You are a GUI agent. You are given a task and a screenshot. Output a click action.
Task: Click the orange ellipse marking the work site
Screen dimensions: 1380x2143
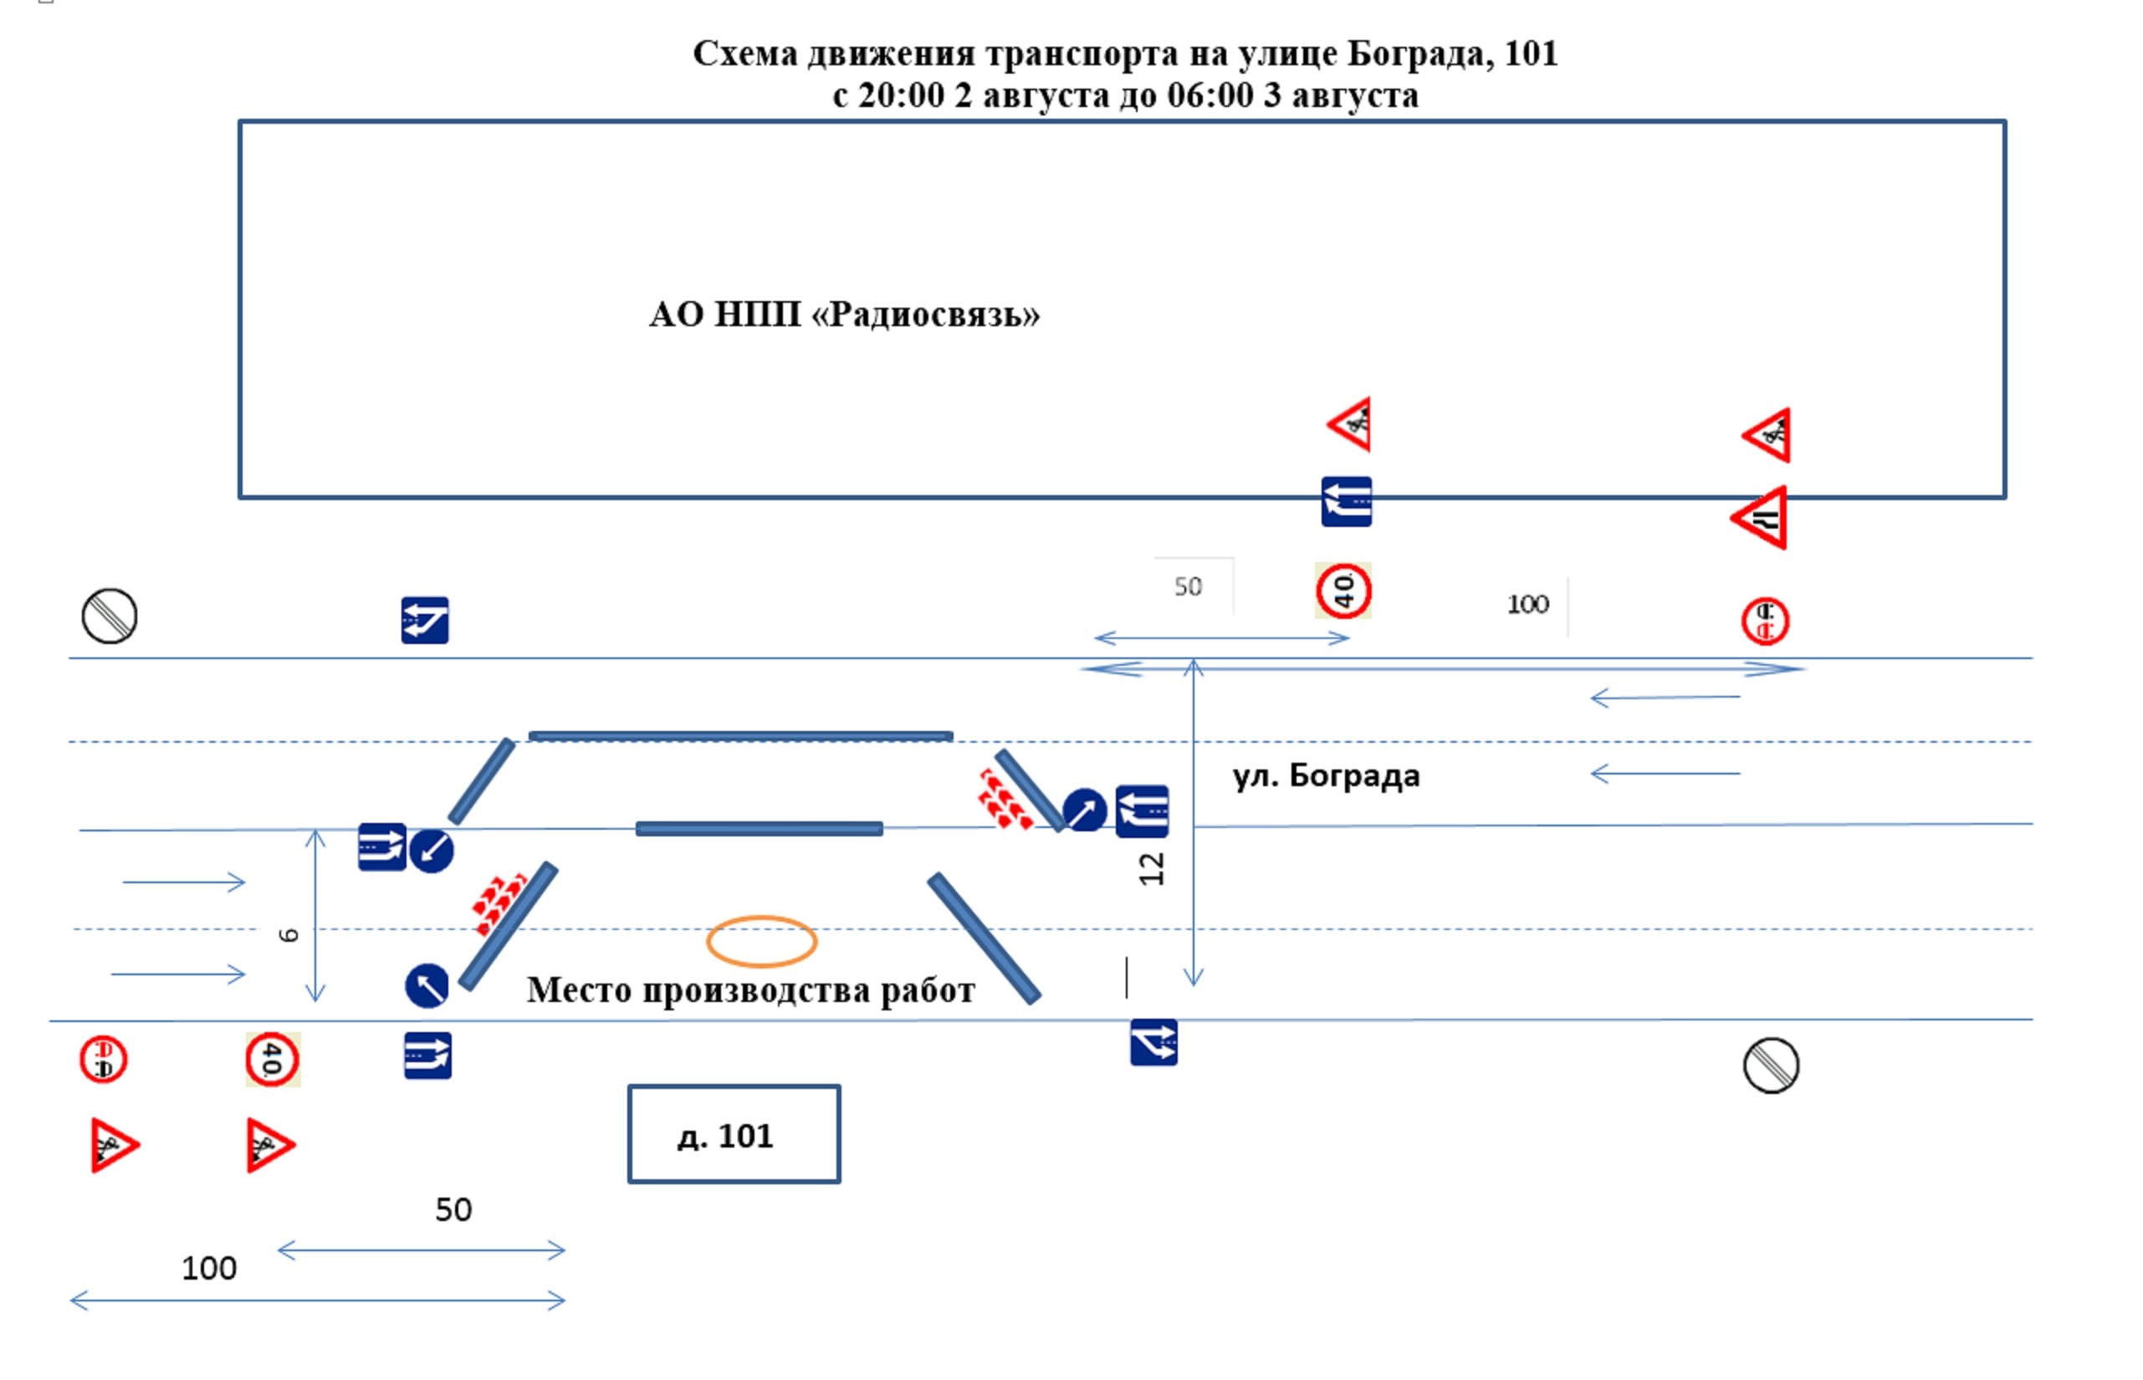pyautogui.click(x=761, y=941)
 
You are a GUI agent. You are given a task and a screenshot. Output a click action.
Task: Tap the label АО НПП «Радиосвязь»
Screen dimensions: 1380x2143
pyautogui.click(x=843, y=314)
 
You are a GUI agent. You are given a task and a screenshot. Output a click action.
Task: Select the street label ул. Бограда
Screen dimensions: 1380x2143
pyautogui.click(x=1326, y=776)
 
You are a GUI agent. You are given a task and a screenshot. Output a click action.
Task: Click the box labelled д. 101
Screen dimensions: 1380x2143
pyautogui.click(x=734, y=1134)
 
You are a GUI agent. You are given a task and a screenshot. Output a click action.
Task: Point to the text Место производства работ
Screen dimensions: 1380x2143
pyautogui.click(x=750, y=990)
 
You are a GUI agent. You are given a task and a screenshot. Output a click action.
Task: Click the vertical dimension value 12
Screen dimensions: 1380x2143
pyautogui.click(x=1152, y=868)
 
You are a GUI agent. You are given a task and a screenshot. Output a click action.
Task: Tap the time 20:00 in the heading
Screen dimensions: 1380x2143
pyautogui.click(x=900, y=96)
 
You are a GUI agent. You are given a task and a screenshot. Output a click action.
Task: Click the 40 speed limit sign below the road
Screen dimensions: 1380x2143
pyautogui.click(x=272, y=1059)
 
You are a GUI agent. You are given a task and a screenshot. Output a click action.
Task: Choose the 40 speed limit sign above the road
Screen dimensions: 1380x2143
pyautogui.click(x=1343, y=590)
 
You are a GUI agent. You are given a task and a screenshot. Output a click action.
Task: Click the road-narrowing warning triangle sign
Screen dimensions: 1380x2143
pyautogui.click(x=1760, y=518)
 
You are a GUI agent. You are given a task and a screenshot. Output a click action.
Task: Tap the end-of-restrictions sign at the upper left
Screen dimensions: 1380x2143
pyautogui.click(x=110, y=616)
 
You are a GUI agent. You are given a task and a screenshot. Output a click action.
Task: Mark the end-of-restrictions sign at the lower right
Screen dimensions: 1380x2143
pyautogui.click(x=1770, y=1066)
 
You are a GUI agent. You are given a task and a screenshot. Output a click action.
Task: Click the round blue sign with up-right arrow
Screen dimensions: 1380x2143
pyautogui.click(x=1083, y=810)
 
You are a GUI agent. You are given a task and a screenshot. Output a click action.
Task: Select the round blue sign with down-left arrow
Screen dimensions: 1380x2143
pyautogui.click(x=431, y=850)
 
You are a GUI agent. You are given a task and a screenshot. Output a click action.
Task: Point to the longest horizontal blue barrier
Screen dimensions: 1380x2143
pyautogui.click(x=740, y=737)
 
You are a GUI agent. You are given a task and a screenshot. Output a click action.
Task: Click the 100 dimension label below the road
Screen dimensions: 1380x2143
pyautogui.click(x=209, y=1269)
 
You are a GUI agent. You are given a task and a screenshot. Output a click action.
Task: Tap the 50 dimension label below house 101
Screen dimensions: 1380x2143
pyautogui.click(x=453, y=1209)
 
